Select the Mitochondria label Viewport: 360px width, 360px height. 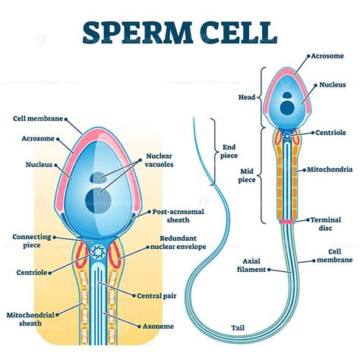tap(327, 169)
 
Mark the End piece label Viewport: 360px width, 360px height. tap(229, 153)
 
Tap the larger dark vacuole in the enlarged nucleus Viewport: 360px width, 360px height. tap(93, 199)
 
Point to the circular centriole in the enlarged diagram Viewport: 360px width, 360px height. tap(98, 251)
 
